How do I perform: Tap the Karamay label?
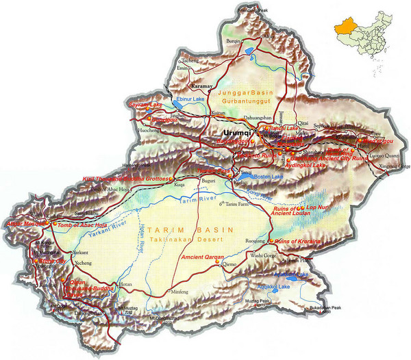202,88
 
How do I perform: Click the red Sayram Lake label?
145,103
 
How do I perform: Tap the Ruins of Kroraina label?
300,241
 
